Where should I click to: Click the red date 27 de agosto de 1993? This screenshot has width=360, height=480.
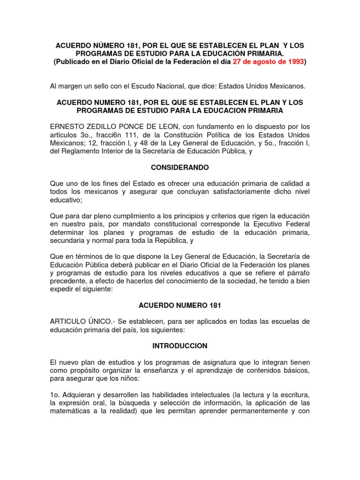(x=268, y=62)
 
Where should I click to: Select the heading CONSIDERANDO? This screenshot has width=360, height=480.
(x=180, y=167)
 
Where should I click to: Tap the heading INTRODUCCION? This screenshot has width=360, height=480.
(x=180, y=345)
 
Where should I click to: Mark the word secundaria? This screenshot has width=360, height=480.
(x=67, y=240)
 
